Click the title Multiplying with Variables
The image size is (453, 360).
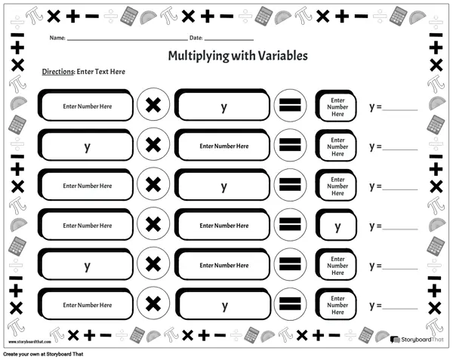tap(226, 56)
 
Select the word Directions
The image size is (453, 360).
tap(57, 72)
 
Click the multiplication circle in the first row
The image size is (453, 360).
tap(153, 106)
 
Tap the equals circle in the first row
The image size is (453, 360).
tap(291, 106)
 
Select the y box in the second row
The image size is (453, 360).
tap(87, 146)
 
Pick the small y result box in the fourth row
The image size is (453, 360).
tap(337, 226)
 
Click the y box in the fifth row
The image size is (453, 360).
tap(87, 265)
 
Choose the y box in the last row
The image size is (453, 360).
tap(223, 305)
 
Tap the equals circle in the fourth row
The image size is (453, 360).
tap(291, 225)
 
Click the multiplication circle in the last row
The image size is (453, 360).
tap(153, 304)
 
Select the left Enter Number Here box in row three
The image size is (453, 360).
tap(87, 186)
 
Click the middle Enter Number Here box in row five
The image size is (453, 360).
tap(223, 265)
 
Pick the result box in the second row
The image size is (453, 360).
tap(337, 146)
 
